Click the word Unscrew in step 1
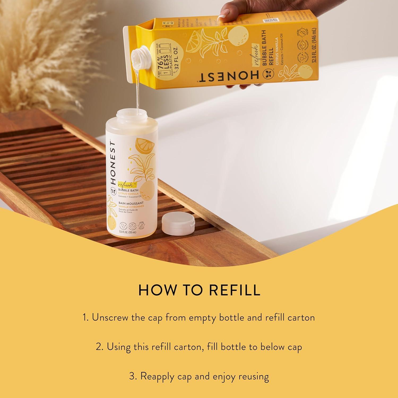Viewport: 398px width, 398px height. tap(110, 318)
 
